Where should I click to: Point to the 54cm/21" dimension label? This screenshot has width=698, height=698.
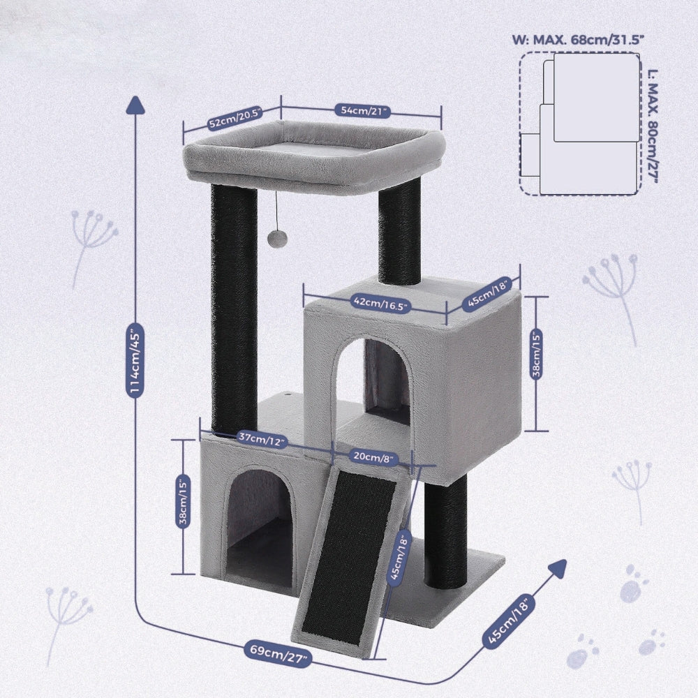(363, 110)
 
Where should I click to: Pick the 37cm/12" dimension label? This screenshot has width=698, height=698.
(262, 440)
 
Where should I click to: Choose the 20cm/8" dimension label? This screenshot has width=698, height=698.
(373, 457)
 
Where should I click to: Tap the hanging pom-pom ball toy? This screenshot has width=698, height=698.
(278, 239)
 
